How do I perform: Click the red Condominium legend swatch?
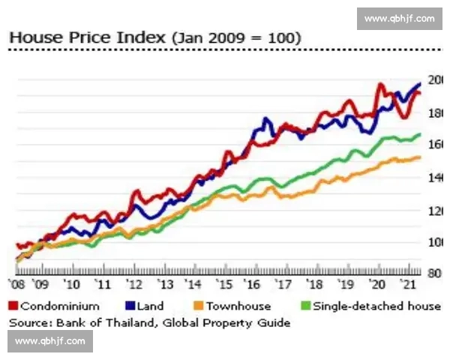(x=13, y=306)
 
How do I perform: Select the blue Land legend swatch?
(x=130, y=306)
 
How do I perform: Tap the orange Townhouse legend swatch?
(x=199, y=306)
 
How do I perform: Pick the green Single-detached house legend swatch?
(x=305, y=306)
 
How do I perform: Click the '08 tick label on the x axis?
(x=17, y=285)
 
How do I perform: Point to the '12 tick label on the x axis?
(x=134, y=285)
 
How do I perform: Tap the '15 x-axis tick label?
(x=223, y=285)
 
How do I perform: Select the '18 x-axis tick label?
(x=314, y=285)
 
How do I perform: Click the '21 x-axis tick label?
(x=409, y=285)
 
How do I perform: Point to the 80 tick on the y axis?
(x=436, y=274)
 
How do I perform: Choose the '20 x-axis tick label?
(x=378, y=285)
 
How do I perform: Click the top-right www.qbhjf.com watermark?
(x=399, y=19)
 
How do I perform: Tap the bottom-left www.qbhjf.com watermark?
(x=51, y=340)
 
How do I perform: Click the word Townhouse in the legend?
(x=238, y=306)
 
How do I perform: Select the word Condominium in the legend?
(x=60, y=306)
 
